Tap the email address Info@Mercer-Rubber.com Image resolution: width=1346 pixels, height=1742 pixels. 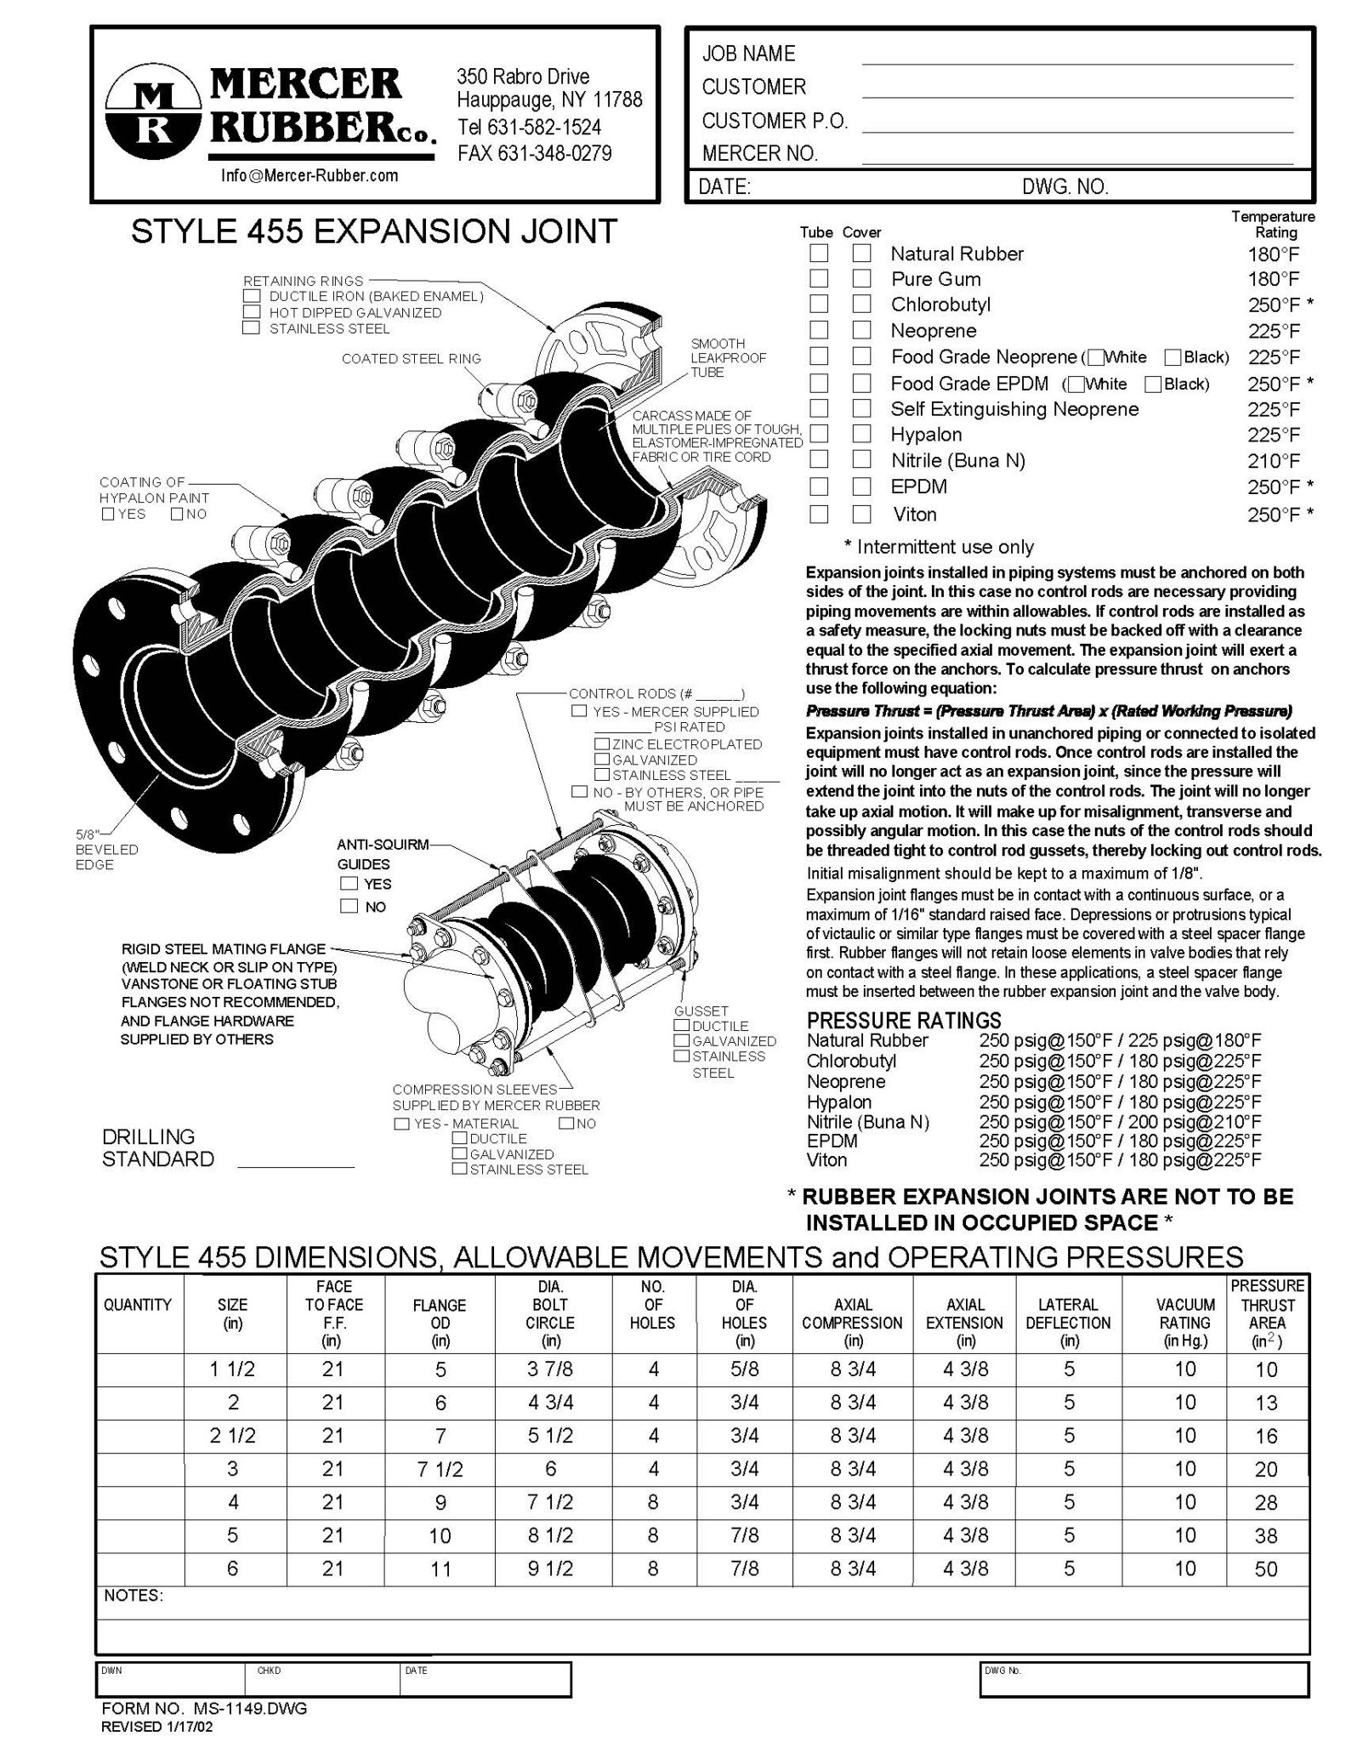pos(310,175)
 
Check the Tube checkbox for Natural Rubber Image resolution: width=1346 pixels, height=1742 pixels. pos(818,253)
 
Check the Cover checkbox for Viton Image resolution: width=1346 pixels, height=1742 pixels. pos(861,514)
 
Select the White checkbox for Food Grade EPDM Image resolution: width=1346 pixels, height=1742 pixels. pos(1076,384)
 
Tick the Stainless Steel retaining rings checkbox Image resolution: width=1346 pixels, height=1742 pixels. pos(251,328)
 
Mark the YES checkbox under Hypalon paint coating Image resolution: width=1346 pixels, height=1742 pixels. pos(108,514)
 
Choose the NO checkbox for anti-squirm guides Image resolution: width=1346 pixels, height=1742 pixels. pos(349,906)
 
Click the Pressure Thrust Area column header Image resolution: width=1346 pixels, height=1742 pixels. pos(1267,1313)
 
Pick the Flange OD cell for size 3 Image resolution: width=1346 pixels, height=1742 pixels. pos(440,1469)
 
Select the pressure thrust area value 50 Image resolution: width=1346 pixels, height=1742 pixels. pos(1266,1568)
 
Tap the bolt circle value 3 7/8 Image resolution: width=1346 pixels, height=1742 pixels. pos(550,1369)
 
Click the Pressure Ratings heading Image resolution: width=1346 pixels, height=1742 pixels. pos(904,1020)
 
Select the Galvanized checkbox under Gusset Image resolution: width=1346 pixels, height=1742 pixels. pos(681,1041)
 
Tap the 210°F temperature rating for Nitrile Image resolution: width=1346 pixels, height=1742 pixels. pos(1274,461)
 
